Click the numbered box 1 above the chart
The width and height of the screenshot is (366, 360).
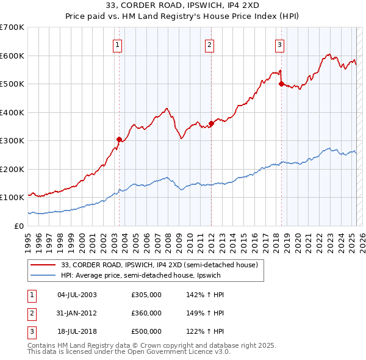[117, 44]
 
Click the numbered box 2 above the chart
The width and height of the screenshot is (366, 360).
[209, 44]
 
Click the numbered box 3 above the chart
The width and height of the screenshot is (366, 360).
[279, 44]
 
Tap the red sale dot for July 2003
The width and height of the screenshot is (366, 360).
[119, 139]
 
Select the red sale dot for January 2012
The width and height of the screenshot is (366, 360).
[211, 123]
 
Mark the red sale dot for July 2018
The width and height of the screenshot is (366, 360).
[281, 84]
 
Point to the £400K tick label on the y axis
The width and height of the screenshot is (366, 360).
[12, 112]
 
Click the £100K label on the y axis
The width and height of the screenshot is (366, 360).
[12, 198]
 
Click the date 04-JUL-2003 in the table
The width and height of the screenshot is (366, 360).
[77, 295]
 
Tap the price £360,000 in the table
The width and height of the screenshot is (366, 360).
[146, 313]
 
